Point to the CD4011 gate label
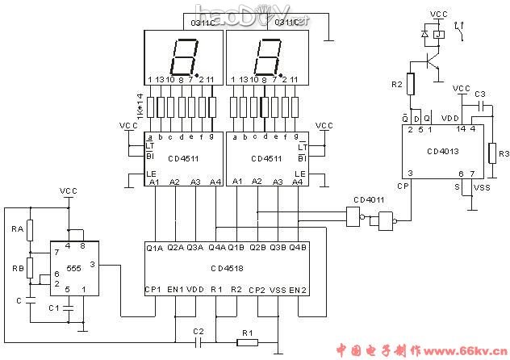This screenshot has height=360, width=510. (x=369, y=199)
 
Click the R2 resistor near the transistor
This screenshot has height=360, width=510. (x=410, y=84)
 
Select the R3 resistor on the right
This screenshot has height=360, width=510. (x=491, y=152)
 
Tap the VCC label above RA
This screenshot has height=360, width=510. (x=69, y=191)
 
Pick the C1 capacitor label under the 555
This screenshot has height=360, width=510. (x=54, y=308)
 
